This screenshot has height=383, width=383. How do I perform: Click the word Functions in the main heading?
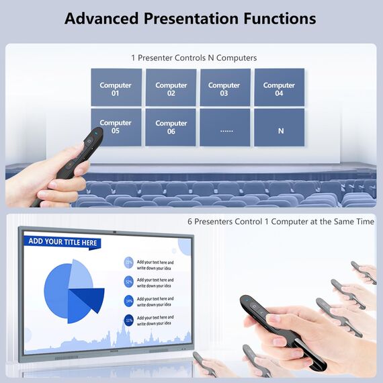pyautogui.click(x=279, y=18)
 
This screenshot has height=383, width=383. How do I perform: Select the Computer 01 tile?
pyautogui.click(x=116, y=88)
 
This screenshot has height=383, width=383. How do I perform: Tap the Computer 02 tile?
pyautogui.click(x=171, y=88)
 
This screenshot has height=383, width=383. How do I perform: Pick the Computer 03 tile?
pyautogui.click(x=224, y=88)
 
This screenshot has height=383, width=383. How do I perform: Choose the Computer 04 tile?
pyautogui.click(x=279, y=88)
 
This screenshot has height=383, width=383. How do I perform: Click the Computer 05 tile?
pyautogui.click(x=116, y=126)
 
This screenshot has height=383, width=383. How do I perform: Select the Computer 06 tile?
pyautogui.click(x=171, y=127)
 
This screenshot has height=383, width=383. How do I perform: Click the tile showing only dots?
pyautogui.click(x=225, y=127)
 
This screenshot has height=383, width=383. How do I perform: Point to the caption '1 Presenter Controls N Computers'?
pyautogui.click(x=194, y=58)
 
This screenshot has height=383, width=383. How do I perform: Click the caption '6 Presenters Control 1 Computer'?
pyautogui.click(x=281, y=221)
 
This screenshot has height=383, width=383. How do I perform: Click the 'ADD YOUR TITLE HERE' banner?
pyautogui.click(x=63, y=242)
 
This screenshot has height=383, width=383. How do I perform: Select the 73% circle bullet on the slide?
pyautogui.click(x=128, y=263)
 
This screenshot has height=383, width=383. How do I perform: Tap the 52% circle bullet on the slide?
pyautogui.click(x=128, y=282)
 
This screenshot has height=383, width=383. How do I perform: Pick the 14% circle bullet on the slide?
pyautogui.click(x=128, y=301)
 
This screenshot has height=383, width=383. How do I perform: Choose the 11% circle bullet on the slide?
pyautogui.click(x=128, y=320)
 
